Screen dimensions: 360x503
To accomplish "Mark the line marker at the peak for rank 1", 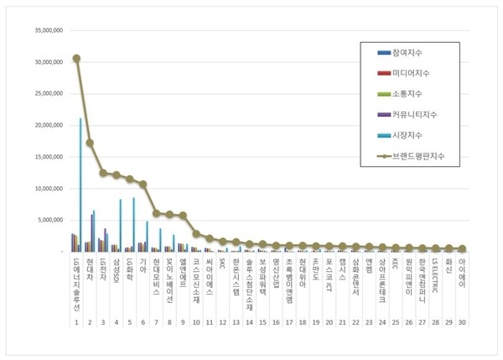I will click(76, 59).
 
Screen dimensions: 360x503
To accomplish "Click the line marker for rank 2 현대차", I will click(90, 143).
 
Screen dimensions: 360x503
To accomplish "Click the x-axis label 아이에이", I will click(462, 273).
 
